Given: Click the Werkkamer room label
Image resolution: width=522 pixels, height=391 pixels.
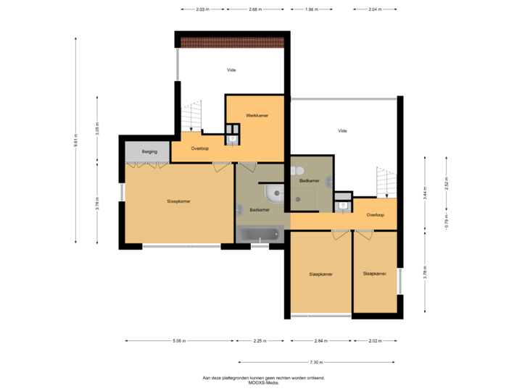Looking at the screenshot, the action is [x=257, y=116].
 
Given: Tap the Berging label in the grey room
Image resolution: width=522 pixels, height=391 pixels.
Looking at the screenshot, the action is [x=149, y=151].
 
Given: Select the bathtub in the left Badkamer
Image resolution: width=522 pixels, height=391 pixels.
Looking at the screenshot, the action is [x=260, y=235].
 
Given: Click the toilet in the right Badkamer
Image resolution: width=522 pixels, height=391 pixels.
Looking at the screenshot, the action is [x=297, y=171].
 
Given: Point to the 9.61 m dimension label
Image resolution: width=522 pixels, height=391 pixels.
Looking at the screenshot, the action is [x=75, y=140].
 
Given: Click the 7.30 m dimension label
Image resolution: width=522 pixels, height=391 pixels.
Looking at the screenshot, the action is [x=316, y=363].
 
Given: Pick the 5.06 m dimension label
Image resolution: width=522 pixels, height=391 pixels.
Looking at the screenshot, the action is [x=180, y=341].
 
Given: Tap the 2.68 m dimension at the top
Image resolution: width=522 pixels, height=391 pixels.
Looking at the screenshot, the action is [x=255, y=9].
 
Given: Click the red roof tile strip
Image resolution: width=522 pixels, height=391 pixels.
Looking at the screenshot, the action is [x=233, y=43].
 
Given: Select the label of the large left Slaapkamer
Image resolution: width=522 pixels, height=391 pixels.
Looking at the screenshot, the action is [x=179, y=201].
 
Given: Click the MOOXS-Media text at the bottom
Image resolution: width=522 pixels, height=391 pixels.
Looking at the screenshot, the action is [x=264, y=383].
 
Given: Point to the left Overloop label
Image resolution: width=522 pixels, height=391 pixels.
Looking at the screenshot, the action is [x=200, y=148].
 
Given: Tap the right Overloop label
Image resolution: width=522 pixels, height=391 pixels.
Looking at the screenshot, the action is [x=376, y=215].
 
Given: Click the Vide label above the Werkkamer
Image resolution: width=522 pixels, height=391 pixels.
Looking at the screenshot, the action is [x=231, y=70].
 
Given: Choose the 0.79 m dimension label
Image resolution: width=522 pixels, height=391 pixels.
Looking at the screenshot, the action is [x=447, y=221].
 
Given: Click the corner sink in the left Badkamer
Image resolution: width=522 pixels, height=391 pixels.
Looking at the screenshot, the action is [x=274, y=194].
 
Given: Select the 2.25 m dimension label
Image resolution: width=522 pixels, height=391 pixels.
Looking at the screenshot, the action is [x=260, y=341].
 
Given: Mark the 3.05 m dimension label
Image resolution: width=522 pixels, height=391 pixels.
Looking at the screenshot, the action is [x=97, y=129].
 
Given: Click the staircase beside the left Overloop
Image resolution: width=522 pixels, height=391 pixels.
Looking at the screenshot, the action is [x=191, y=116].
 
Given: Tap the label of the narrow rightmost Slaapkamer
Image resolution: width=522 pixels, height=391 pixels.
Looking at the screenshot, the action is [x=375, y=274].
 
